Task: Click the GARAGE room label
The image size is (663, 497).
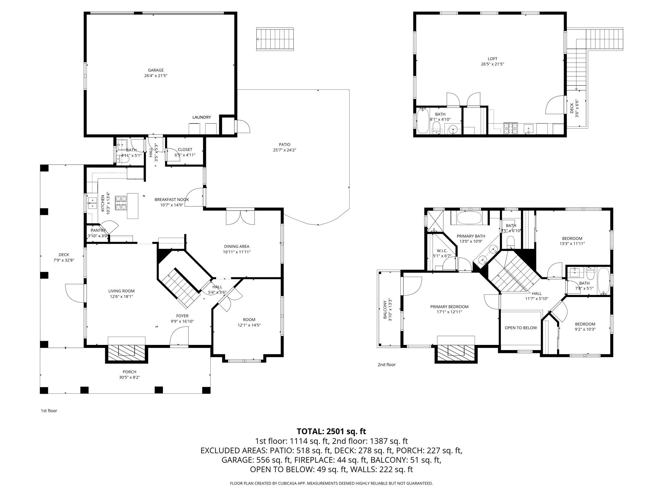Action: click(x=156, y=70)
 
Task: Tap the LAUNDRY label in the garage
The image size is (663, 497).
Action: click(x=201, y=117)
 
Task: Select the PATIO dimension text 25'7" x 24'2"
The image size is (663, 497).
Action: click(x=285, y=150)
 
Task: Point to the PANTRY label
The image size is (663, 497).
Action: click(x=98, y=230)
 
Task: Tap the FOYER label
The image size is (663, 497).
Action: click(x=182, y=316)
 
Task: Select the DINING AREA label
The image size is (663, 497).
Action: click(x=237, y=247)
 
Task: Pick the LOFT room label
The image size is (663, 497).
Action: click(x=492, y=59)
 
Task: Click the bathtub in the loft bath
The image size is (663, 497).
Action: click(x=423, y=121)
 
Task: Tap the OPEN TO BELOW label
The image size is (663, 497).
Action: click(x=521, y=328)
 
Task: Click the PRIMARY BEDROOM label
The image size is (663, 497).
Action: click(x=449, y=307)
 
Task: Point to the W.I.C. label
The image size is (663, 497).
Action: click(x=442, y=251)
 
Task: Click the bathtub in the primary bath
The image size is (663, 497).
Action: click(x=469, y=218)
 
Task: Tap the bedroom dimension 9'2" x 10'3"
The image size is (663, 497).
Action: click(x=585, y=329)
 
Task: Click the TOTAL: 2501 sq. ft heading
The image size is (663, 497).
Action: click(x=331, y=431)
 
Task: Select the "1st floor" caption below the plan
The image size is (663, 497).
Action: click(x=49, y=411)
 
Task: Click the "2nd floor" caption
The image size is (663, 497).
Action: click(x=387, y=365)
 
